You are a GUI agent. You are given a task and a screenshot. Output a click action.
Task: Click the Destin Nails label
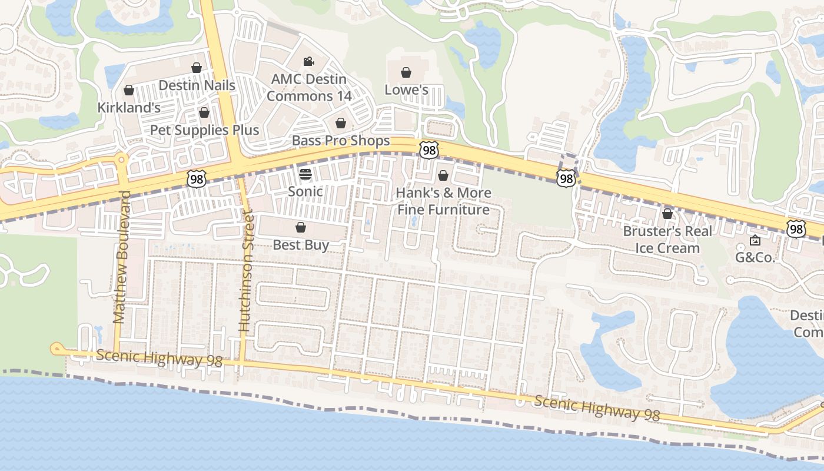coord(197,85)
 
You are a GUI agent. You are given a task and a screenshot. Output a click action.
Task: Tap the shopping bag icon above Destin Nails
coord(197,68)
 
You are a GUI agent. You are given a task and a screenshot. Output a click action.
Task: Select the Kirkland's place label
coord(129,108)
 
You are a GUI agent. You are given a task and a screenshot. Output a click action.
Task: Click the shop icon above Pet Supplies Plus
coord(204,112)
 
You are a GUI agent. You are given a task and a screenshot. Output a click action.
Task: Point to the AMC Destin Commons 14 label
coord(309,87)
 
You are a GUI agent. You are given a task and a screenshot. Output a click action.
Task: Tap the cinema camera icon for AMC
coord(308,61)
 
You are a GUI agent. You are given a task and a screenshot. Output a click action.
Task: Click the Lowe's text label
coord(406,89)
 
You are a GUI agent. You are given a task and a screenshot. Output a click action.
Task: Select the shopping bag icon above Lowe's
coord(406,72)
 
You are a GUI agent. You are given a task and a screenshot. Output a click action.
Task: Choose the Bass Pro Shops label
coord(341,141)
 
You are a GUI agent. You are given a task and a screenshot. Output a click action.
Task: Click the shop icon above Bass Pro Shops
coord(340,123)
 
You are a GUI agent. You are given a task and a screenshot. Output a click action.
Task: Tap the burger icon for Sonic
coord(305,174)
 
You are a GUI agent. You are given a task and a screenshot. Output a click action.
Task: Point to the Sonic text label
coord(305,191)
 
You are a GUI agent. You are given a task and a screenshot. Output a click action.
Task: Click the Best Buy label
coord(301,245)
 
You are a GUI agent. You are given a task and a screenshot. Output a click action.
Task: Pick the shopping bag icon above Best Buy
coord(301,227)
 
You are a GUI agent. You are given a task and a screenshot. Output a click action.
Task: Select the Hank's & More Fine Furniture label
coord(443,201)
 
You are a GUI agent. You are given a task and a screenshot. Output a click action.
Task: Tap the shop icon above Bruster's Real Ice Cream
coord(667,214)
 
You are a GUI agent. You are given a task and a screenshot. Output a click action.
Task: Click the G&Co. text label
coord(755,257)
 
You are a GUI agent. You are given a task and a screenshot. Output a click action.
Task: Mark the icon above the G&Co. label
coord(755,240)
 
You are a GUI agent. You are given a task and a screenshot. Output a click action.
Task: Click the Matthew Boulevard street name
coord(121,257)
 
